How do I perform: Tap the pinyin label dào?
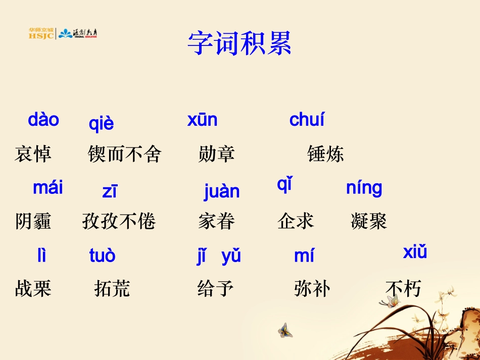pyautogui.click(x=43, y=120)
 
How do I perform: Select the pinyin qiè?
pyautogui.click(x=102, y=124)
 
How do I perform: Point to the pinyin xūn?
pyautogui.click(x=202, y=120)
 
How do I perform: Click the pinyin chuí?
pyautogui.click(x=307, y=120)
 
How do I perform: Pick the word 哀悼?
pyautogui.click(x=33, y=154)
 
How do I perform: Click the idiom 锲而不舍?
pyautogui.click(x=124, y=154)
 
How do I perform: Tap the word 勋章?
pyautogui.click(x=217, y=154)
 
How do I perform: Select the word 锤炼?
pyautogui.click(x=325, y=154)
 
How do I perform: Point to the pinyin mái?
pyautogui.click(x=48, y=188)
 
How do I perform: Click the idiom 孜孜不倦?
pyautogui.click(x=119, y=222)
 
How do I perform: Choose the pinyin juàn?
pyautogui.click(x=222, y=192)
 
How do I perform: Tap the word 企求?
pyautogui.click(x=296, y=222)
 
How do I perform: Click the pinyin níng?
pyautogui.click(x=364, y=188)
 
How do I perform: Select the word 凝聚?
pyautogui.click(x=369, y=222)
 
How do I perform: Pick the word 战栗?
pyautogui.click(x=33, y=289)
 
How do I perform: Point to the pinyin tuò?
pyautogui.click(x=102, y=256)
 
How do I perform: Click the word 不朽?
pyautogui.click(x=403, y=289)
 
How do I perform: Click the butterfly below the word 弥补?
pyautogui.click(x=285, y=330)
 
